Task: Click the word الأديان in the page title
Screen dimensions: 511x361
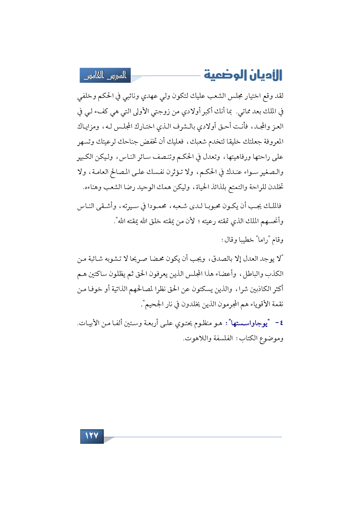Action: tap(265, 75)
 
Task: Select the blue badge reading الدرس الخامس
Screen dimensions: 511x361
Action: tap(105, 75)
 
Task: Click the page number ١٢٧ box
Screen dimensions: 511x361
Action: tap(92, 436)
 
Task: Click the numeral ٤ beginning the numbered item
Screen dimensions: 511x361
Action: tap(281, 323)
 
